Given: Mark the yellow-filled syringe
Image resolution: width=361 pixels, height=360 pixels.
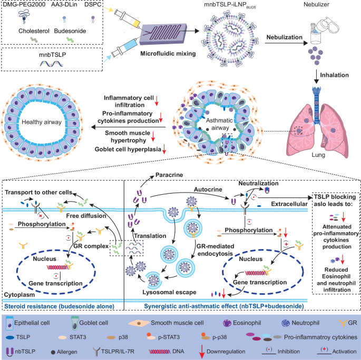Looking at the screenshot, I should click(126, 15).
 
